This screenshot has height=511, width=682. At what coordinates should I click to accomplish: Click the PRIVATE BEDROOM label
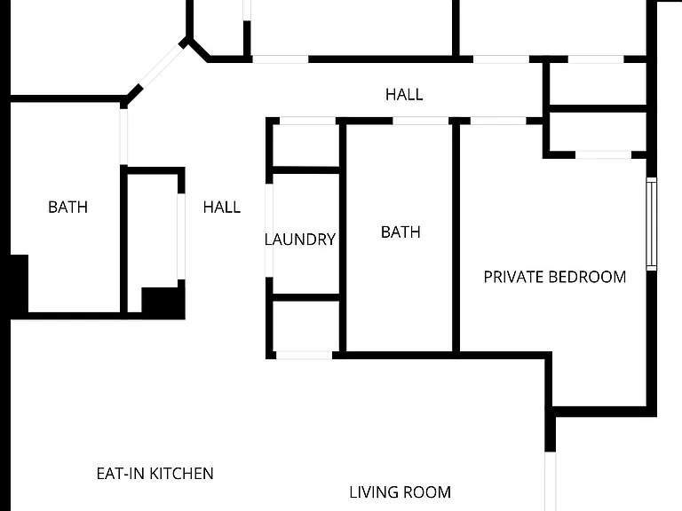554,277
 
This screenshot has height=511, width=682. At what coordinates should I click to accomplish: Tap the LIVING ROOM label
400,492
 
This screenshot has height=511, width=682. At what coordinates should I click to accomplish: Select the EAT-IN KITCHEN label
155,474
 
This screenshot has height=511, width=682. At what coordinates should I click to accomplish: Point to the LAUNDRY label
300,240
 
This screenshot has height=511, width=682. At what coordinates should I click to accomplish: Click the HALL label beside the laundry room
222,208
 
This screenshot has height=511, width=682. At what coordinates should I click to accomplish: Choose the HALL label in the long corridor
404,95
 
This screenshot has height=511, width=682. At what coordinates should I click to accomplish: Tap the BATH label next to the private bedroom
400,232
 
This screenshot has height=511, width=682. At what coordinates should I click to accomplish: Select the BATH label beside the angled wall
67,208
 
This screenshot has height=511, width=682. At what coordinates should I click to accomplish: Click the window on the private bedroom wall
651,224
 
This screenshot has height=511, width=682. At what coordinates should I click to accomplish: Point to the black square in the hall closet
163,303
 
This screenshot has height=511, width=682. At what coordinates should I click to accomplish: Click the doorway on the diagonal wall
163,66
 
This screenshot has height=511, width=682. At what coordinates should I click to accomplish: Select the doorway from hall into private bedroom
498,121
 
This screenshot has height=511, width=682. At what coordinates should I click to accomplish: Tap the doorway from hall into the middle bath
421,121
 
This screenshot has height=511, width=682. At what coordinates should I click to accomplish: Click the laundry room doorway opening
269,231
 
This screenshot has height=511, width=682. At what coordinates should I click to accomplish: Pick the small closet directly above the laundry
305,145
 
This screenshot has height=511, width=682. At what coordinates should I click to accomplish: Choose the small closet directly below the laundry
305,326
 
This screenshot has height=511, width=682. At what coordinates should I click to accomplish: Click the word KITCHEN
181,474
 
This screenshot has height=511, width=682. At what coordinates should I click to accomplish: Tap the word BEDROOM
587,277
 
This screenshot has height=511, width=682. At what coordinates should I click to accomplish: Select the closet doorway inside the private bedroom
603,154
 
